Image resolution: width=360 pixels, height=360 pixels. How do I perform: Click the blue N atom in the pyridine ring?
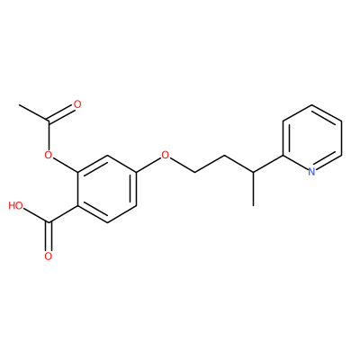click(x=312, y=172)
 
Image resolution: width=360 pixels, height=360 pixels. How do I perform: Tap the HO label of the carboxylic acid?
click(x=15, y=206)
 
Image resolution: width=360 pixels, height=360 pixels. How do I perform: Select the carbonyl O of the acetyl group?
click(x=77, y=104)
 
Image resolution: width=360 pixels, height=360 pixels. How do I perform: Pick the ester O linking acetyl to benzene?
click(x=49, y=155)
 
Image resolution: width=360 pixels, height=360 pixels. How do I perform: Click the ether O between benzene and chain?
click(x=165, y=155)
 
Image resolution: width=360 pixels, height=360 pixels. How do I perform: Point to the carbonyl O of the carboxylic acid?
click(x=49, y=256)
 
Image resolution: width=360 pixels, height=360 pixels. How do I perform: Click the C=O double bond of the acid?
click(x=49, y=236)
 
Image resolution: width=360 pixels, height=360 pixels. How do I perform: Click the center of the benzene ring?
click(x=107, y=189)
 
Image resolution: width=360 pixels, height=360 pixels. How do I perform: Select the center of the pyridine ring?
click(x=312, y=139)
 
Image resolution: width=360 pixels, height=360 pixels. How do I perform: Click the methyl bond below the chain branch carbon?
click(x=254, y=189)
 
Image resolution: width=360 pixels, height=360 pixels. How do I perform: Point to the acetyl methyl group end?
click(x=19, y=105)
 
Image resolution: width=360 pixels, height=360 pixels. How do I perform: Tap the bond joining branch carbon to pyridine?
click(x=268, y=164)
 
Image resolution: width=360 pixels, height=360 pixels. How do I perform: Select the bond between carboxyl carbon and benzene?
click(x=63, y=214)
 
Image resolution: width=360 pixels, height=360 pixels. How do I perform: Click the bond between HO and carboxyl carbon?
click(x=36, y=216)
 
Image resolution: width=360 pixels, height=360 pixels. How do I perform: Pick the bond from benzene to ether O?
click(x=148, y=165)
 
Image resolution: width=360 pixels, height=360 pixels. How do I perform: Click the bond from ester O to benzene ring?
click(x=66, y=165)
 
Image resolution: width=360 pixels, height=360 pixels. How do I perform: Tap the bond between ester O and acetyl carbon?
click(x=49, y=136)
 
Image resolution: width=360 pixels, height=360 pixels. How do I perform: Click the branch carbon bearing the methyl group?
click(x=254, y=172)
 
